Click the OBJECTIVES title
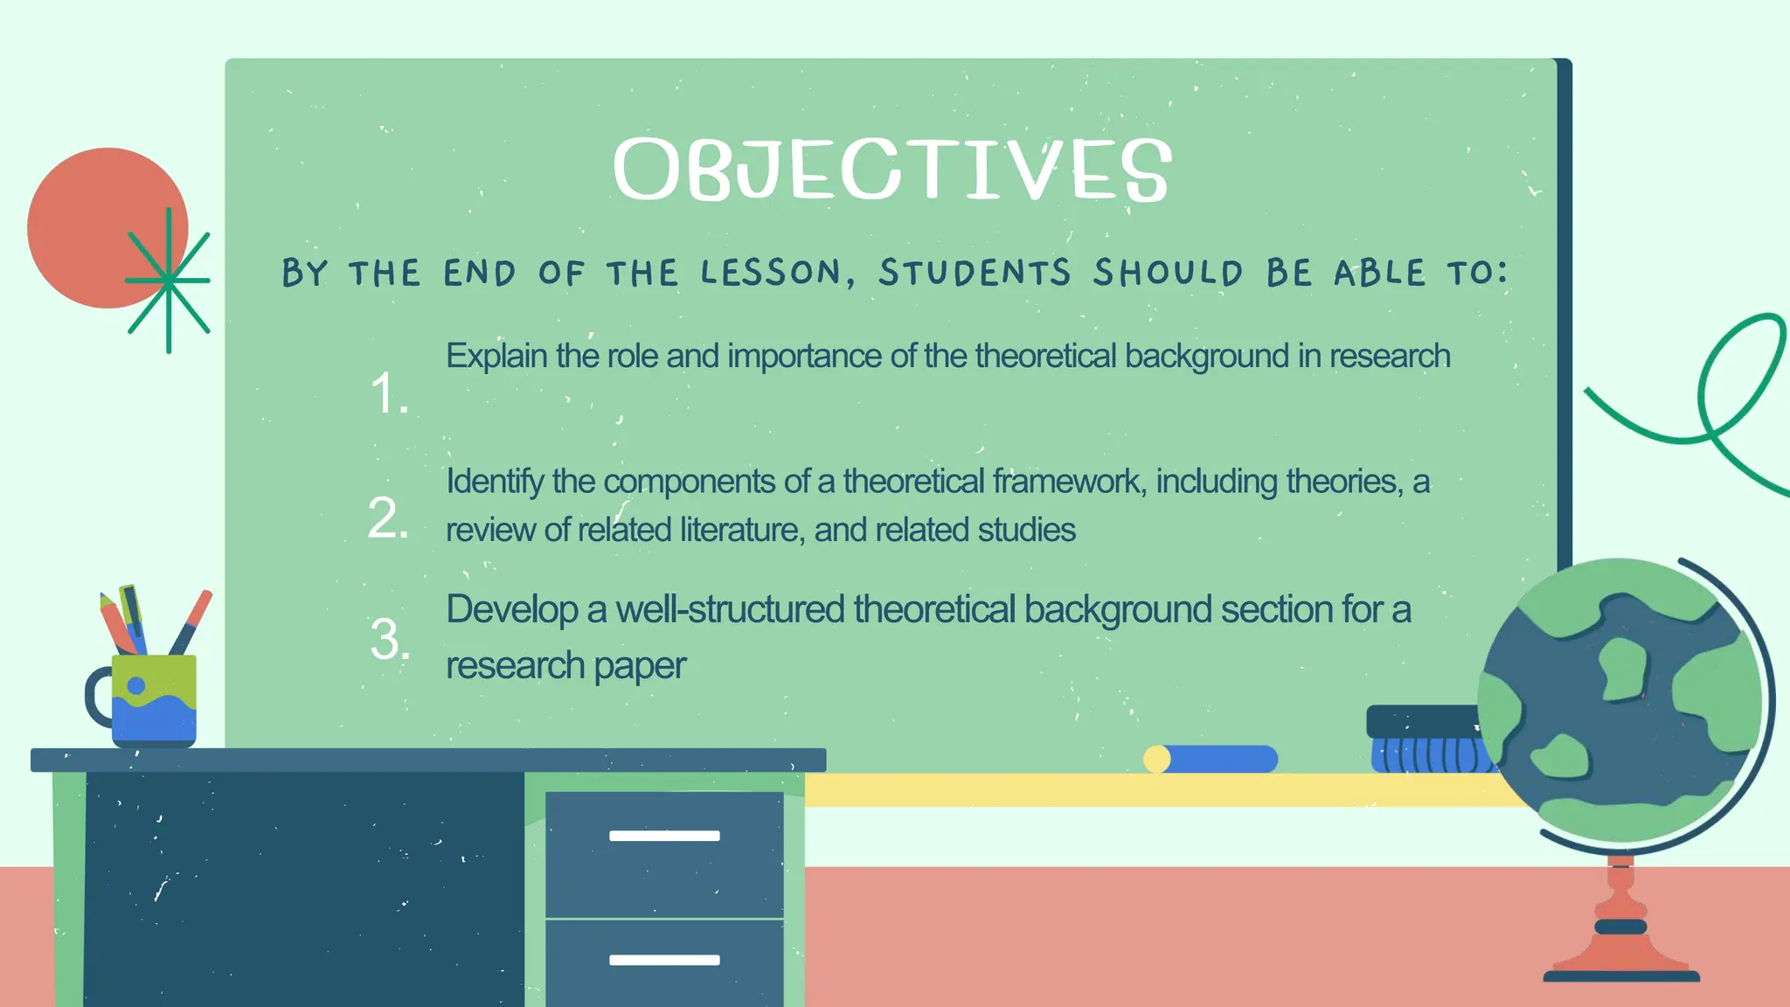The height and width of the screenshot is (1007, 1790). [892, 170]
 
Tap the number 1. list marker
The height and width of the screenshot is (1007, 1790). [389, 392]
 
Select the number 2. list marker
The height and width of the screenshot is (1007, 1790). [388, 517]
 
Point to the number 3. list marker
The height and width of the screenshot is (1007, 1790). [390, 639]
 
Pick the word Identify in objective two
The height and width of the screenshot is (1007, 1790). [495, 482]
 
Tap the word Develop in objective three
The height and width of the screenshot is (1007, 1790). [512, 609]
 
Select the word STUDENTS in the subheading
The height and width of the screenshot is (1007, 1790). [975, 273]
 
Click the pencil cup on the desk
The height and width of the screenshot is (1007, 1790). [154, 699]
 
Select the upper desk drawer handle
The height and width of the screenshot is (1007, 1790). [664, 836]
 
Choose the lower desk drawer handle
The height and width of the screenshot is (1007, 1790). [664, 960]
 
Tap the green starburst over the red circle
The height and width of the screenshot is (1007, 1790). [168, 281]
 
